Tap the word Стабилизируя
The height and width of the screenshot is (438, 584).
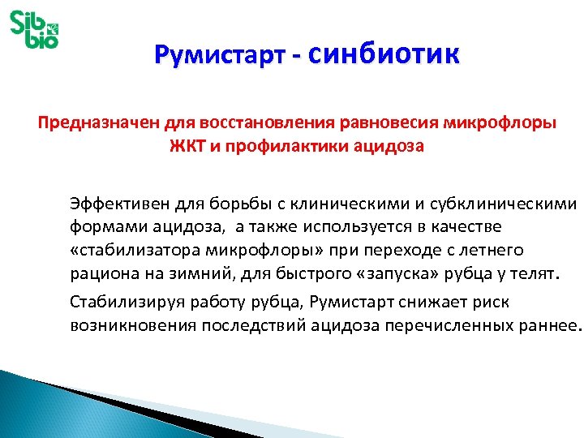[x=117, y=303]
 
